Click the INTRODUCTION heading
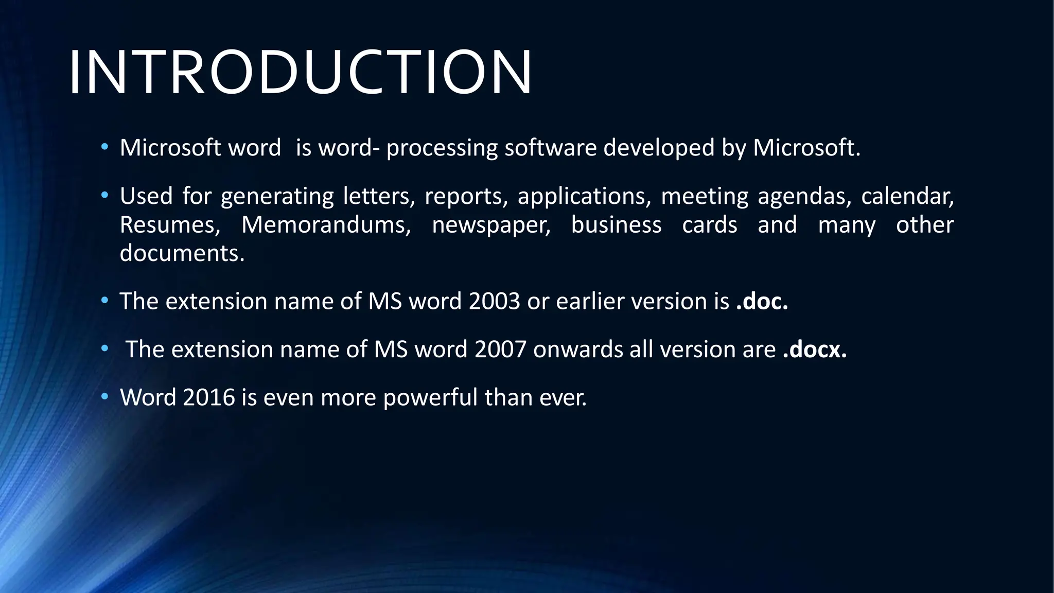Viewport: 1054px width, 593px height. [300, 73]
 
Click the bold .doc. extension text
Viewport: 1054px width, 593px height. [762, 301]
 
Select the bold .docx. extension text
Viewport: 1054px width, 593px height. [814, 350]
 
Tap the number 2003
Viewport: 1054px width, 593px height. [494, 301]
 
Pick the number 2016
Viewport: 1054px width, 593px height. [208, 397]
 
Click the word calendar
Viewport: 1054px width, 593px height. [907, 197]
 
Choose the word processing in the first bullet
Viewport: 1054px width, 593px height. [442, 149]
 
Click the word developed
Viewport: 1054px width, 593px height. [659, 149]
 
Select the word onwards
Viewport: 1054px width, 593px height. [578, 350]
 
